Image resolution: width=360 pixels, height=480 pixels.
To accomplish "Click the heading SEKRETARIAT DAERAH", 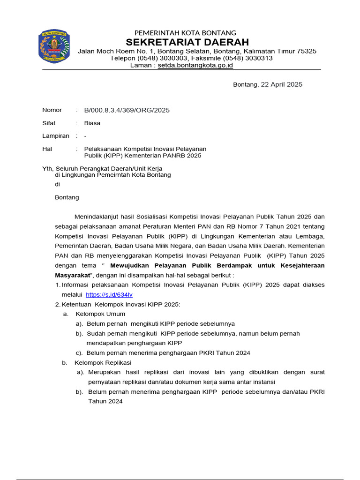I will tap(185, 42).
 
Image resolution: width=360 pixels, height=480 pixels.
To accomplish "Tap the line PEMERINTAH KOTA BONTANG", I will tap(185, 32).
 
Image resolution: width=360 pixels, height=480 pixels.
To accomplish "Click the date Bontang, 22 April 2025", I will tap(268, 84).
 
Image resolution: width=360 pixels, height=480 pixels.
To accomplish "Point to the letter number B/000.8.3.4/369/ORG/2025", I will tap(127, 110).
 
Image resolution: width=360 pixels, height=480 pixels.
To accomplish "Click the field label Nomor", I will tap(52, 110).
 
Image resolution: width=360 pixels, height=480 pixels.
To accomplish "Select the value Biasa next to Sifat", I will tap(92, 123).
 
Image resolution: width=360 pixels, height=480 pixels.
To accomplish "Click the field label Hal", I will tap(47, 149).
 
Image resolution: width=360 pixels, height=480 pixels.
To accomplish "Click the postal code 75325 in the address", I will tap(307, 51).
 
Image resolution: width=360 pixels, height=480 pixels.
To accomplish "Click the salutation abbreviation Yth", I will tap(48, 168).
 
